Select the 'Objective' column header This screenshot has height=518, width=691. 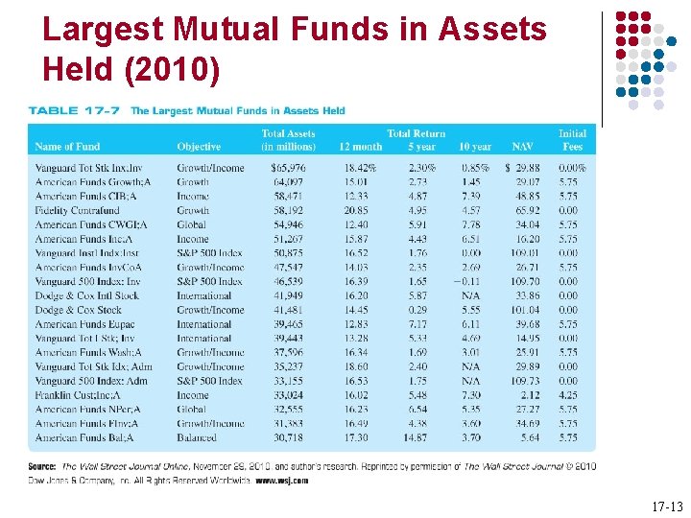pos(199,147)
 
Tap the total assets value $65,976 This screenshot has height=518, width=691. pos(289,168)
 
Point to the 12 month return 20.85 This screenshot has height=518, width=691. pos(355,210)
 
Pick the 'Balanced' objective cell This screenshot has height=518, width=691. pos(197,437)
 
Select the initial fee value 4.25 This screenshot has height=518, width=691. pos(568,395)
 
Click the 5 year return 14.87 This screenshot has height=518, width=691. pos(417,437)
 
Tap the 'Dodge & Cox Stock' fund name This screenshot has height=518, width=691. pos(79,310)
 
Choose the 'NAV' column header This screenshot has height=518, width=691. pos(523,147)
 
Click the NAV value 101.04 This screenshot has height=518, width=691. pos(524,310)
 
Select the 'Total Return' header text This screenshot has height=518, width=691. pos(416,133)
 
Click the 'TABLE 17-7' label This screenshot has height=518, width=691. pos(75,111)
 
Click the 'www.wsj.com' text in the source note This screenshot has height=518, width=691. pos(282,480)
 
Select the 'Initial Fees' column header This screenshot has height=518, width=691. pos(572,140)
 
